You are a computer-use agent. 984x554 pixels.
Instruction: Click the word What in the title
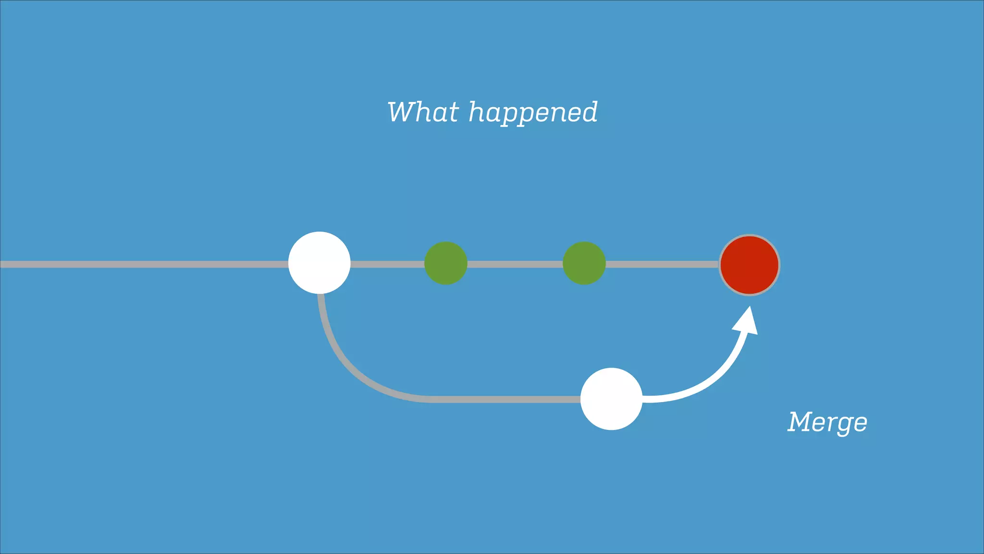point(423,113)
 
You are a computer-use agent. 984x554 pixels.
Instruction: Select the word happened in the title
point(533,114)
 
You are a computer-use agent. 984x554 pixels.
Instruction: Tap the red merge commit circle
point(749,265)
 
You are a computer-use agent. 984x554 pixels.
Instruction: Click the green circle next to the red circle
point(584,263)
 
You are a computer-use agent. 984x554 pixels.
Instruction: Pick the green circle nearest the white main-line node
point(445,263)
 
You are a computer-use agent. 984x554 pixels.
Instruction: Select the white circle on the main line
point(319,263)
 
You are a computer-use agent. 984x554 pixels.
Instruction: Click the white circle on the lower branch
point(611,399)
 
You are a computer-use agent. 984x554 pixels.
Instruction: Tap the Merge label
point(827,423)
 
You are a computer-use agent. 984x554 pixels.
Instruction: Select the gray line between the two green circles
point(515,264)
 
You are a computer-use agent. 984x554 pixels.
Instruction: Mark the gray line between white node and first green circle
point(387,264)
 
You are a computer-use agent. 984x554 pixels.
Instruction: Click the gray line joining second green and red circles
point(662,264)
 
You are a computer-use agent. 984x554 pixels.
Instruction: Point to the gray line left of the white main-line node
point(144,264)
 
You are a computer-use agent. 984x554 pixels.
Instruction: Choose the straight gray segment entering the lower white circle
point(504,399)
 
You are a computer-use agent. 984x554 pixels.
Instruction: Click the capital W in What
point(403,112)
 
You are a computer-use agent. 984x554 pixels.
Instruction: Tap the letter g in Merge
point(841,425)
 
